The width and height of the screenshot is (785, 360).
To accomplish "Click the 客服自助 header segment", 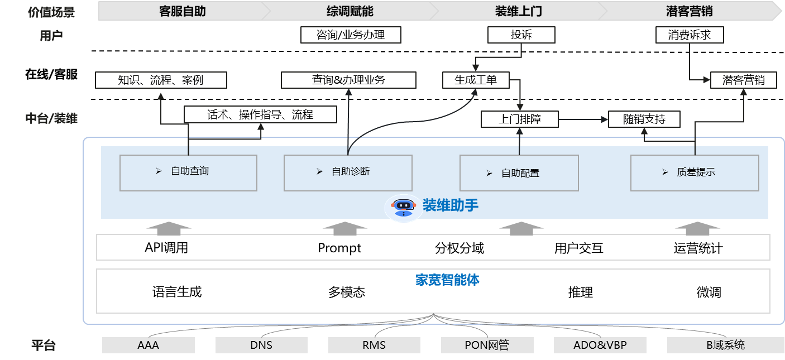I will click(183, 11).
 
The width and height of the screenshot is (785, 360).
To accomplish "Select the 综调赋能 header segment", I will click(350, 11).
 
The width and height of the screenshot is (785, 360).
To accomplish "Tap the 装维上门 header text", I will click(518, 11).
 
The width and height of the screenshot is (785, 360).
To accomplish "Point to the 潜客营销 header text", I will click(689, 11).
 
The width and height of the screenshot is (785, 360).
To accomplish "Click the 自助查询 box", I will click(188, 172).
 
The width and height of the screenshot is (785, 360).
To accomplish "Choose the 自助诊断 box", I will click(348, 172).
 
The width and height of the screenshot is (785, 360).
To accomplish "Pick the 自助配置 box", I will click(519, 173).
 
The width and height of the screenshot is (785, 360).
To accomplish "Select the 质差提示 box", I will click(695, 172).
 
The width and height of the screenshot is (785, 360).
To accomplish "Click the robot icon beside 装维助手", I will click(403, 207).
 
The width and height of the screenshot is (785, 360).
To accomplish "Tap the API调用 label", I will click(166, 247).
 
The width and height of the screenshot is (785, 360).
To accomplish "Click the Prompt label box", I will click(339, 248).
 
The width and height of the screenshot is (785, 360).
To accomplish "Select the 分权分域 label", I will click(459, 248).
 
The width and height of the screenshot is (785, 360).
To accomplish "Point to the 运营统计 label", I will click(698, 248).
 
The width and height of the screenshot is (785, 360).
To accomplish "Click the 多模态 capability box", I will click(346, 292).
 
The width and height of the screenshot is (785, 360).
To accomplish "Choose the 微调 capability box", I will click(709, 292).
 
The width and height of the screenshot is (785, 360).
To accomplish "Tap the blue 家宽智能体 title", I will click(447, 280).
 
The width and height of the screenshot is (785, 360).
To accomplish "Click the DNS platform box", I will click(261, 345).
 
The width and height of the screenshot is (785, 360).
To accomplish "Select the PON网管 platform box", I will click(487, 345).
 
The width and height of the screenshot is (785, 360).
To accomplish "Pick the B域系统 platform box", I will click(725, 345).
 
